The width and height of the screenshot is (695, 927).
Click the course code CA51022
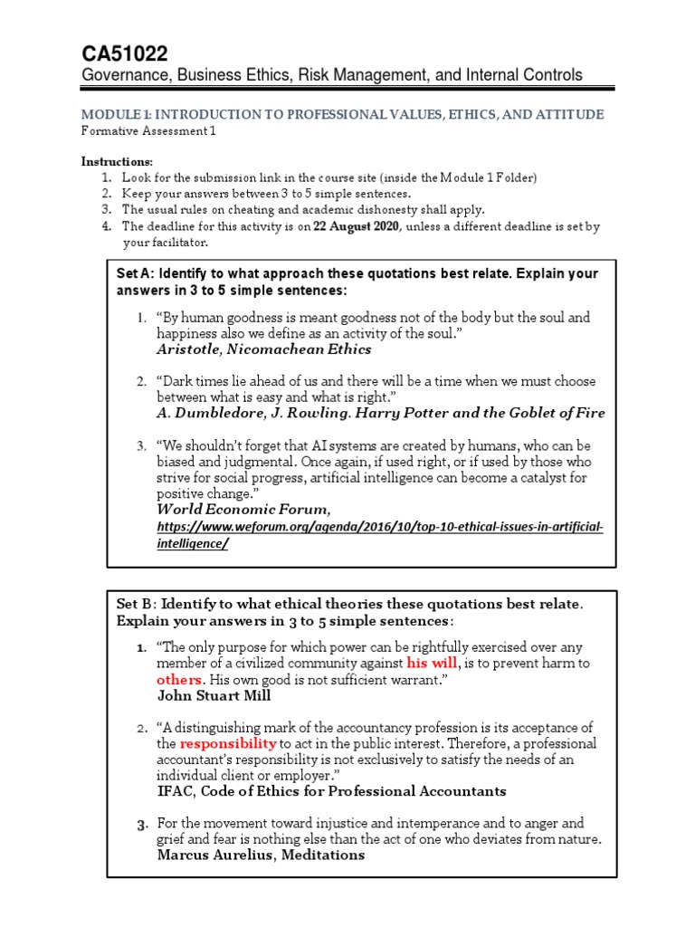pos(124,53)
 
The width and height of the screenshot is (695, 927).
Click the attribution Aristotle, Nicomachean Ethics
pos(263,349)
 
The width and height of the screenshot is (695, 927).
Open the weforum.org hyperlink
pos(379,527)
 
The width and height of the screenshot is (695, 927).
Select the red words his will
pos(433,664)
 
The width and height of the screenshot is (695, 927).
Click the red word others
pos(178,679)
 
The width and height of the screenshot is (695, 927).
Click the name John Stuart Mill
pos(214,695)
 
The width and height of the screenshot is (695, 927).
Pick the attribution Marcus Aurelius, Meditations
pos(261,855)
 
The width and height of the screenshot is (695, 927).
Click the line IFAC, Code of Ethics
pos(331,791)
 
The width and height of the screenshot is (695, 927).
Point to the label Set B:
pos(138,604)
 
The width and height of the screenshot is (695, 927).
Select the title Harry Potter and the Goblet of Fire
pos(489,413)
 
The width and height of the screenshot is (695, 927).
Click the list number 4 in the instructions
pos(106,227)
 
